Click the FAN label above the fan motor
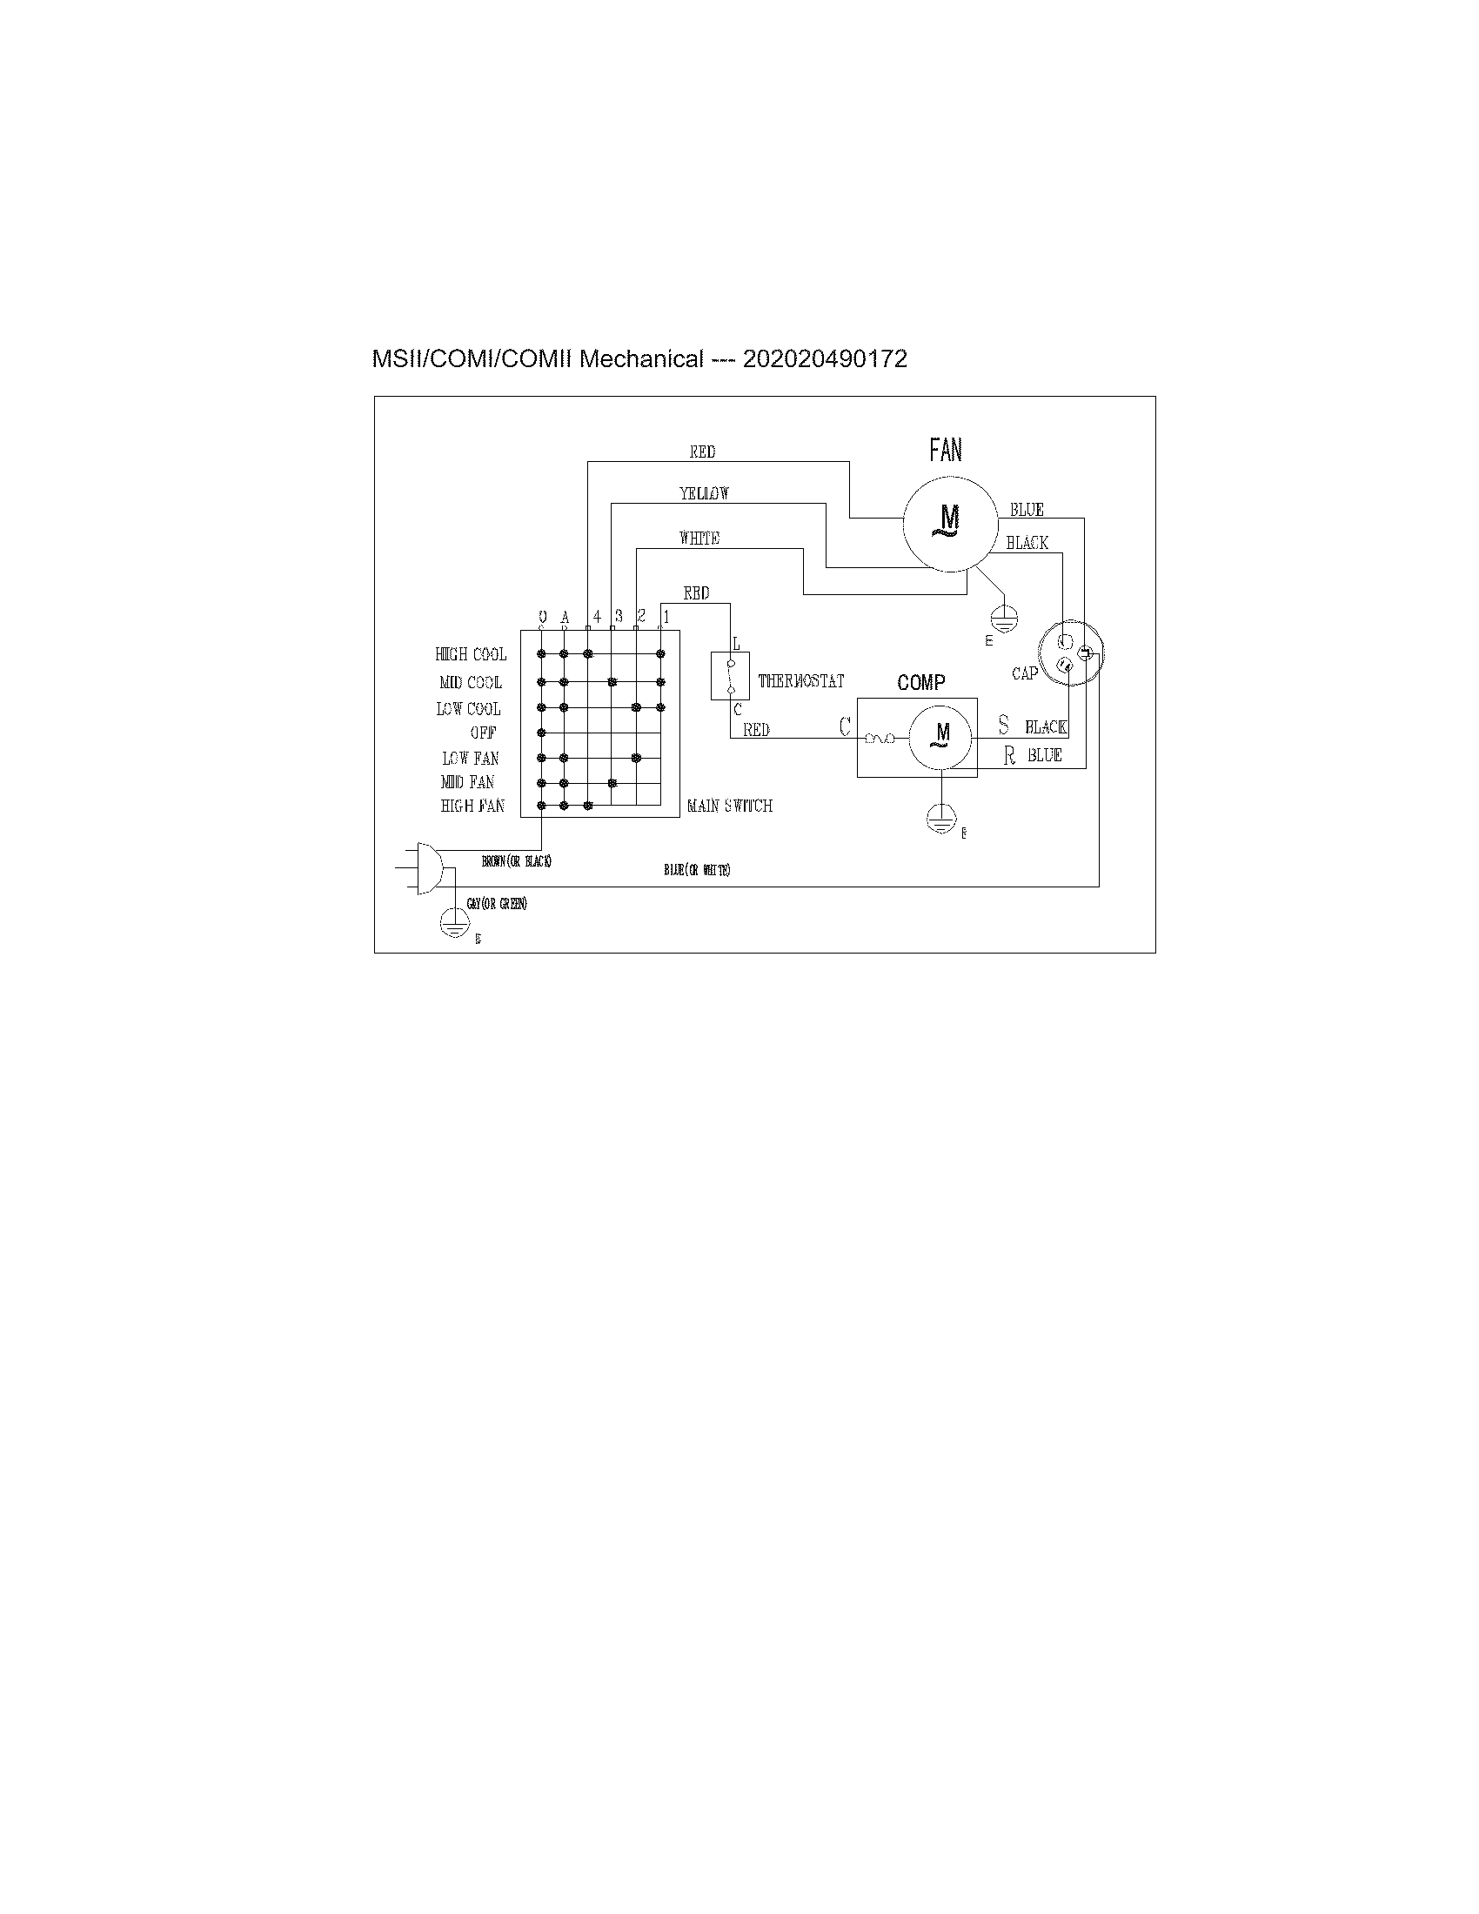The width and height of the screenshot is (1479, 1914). click(x=946, y=451)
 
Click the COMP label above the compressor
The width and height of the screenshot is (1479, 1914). click(x=920, y=683)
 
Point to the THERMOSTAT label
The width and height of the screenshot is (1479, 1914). click(x=800, y=681)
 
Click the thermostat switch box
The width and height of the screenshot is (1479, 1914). click(x=729, y=676)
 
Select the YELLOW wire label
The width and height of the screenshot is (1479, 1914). click(x=704, y=493)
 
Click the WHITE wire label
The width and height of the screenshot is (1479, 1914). click(x=699, y=538)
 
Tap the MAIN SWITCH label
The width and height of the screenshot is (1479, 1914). click(x=729, y=806)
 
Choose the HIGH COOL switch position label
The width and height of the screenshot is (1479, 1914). click(x=471, y=654)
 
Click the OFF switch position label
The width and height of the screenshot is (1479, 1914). click(x=483, y=733)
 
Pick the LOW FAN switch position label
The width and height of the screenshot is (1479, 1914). click(x=470, y=758)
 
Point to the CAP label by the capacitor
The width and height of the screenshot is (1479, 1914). click(x=1024, y=673)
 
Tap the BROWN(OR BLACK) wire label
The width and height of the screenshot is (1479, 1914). click(x=516, y=861)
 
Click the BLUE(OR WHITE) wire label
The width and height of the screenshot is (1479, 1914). click(x=697, y=870)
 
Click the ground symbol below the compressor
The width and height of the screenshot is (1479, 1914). click(x=940, y=819)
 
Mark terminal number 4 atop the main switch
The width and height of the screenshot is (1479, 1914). click(x=597, y=617)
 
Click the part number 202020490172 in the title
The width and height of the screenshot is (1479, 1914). click(x=825, y=359)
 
